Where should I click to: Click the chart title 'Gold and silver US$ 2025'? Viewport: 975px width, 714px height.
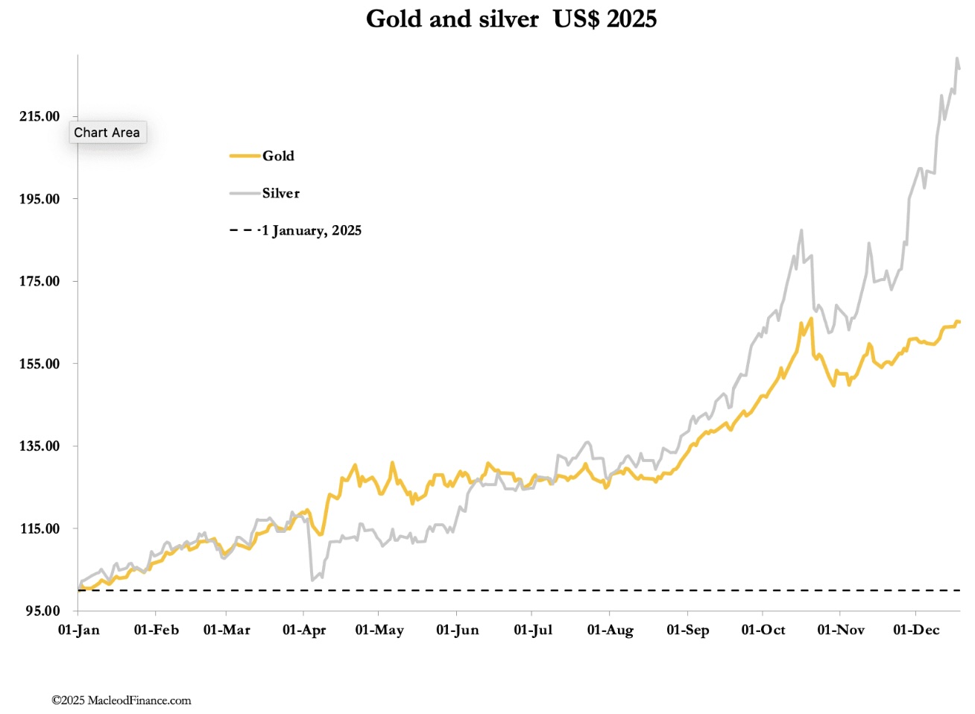(x=511, y=19)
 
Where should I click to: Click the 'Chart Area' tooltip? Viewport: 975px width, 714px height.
(x=107, y=133)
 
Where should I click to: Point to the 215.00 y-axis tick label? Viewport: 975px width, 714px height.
(x=40, y=116)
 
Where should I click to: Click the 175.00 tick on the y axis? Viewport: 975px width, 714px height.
(x=40, y=281)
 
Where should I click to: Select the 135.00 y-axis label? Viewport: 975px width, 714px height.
(x=40, y=446)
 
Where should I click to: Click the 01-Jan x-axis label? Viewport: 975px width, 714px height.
(x=78, y=630)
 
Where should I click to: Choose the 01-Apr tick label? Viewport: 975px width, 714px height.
(x=304, y=630)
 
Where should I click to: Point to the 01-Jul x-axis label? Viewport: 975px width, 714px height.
(x=533, y=630)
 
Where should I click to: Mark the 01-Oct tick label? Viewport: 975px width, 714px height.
(x=763, y=630)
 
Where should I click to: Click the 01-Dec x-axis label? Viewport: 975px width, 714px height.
(x=916, y=630)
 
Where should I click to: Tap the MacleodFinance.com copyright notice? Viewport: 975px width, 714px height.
(x=122, y=700)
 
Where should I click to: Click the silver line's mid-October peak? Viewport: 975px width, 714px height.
(x=801, y=230)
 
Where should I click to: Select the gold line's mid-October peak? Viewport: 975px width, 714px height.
(x=810, y=319)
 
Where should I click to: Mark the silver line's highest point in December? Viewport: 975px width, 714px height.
(x=956, y=58)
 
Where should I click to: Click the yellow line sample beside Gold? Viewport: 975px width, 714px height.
(x=244, y=156)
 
